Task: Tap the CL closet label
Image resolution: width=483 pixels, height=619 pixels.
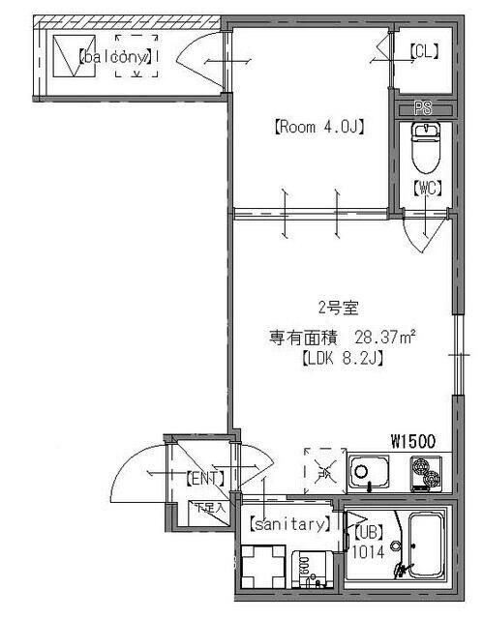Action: click(422, 54)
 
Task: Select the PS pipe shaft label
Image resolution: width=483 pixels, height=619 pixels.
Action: click(422, 108)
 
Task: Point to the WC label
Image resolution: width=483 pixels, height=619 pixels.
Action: click(426, 189)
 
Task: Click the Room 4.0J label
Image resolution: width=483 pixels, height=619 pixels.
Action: click(318, 126)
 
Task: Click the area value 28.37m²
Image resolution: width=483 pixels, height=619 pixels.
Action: click(386, 338)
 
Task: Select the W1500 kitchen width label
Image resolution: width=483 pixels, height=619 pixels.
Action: click(412, 441)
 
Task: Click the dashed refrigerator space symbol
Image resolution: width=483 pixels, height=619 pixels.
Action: click(323, 468)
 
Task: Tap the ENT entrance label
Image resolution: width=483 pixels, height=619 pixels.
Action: click(205, 477)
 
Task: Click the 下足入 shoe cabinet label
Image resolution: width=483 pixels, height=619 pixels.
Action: click(207, 506)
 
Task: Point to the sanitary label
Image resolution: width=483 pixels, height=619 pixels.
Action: click(290, 525)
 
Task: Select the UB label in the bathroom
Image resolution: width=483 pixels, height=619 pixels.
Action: click(369, 531)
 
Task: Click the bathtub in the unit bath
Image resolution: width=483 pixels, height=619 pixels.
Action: click(422, 546)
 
